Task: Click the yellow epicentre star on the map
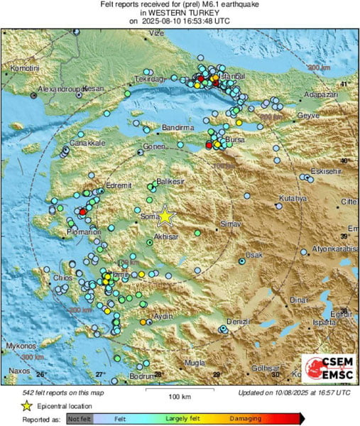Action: [x=165, y=215]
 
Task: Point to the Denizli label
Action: [x=236, y=322]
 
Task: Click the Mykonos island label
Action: [x=21, y=346]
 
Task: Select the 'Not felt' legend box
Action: [x=80, y=420]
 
